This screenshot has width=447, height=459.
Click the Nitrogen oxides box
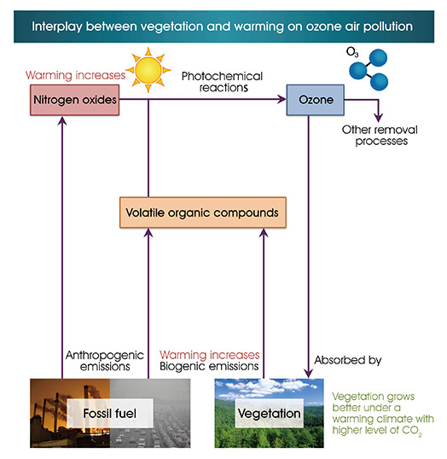pos(75,100)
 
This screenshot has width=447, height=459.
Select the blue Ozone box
pos(316,100)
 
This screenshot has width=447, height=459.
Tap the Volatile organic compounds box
pos(203,212)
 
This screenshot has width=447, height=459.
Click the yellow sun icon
pos(148,70)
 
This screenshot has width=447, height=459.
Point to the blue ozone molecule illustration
pos(369,69)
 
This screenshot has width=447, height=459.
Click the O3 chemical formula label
pos(352,52)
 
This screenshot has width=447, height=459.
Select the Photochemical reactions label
pos(222,82)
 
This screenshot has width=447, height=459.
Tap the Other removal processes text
pos(380,136)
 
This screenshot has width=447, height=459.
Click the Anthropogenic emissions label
pos(105,361)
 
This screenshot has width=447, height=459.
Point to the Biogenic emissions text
pos(209,366)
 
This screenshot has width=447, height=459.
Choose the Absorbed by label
pos(348,360)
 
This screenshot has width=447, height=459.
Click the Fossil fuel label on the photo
pos(110,413)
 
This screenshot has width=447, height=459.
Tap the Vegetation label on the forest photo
pos(270,414)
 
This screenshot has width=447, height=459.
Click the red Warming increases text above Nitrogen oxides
pos(76,75)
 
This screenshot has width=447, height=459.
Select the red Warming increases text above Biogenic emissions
pos(210,355)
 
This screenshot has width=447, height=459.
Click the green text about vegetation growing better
pos(383,414)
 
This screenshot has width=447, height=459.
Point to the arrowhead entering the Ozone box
pos(282,99)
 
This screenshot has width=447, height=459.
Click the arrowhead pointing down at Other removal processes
pos(379,118)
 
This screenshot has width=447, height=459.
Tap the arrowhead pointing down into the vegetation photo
pos(308,374)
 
